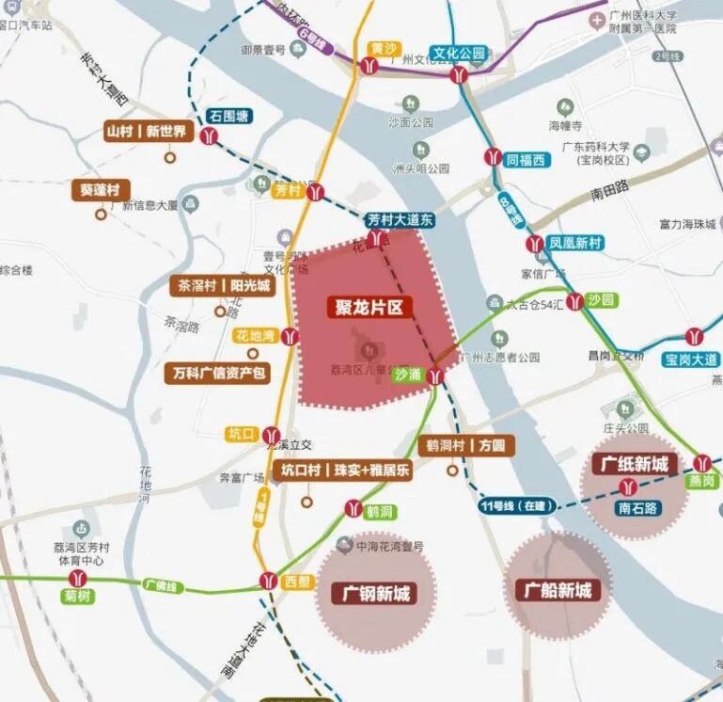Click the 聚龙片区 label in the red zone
coord(369,308)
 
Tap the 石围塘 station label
coord(229,117)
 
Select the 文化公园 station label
coord(459,54)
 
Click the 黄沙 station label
coord(383,47)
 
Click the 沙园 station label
coord(601,300)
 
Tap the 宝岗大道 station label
coord(691,359)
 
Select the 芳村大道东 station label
coord(401,220)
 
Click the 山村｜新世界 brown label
coord(149,132)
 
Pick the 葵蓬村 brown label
coord(100,190)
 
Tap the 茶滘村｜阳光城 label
coord(220,286)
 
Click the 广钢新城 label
coord(374,594)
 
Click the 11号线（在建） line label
coord(513,506)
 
